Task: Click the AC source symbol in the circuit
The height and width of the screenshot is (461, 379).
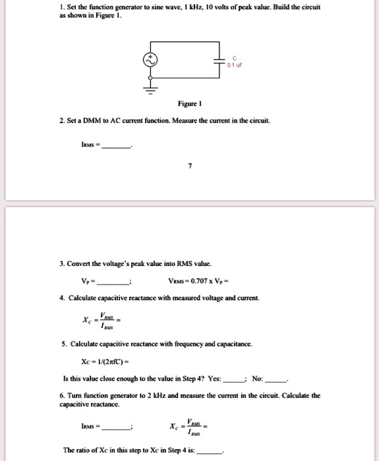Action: click(x=150, y=60)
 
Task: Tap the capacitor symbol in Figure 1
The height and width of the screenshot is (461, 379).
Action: click(x=219, y=61)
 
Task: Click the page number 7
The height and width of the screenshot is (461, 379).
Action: click(x=189, y=167)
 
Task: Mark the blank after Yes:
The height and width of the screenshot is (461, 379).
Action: click(x=235, y=379)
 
